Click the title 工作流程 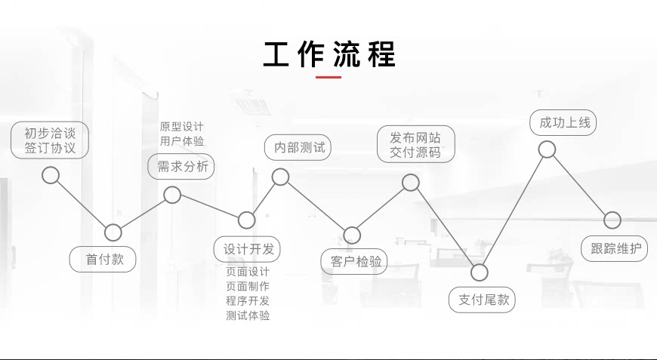tap(328, 55)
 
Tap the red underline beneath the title tap(328, 77)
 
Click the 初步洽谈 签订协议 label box tap(50, 140)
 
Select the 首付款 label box tap(103, 259)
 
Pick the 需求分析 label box tap(181, 167)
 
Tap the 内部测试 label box tap(299, 147)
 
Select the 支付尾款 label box tap(483, 300)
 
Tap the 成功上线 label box tap(564, 122)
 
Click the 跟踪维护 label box tap(614, 248)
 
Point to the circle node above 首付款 tap(113, 232)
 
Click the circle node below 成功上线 tap(547, 149)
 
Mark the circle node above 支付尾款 tap(480, 272)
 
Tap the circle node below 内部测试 tap(280, 177)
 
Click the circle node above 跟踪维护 tap(612, 220)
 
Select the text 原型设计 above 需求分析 tap(181, 126)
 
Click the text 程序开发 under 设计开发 tap(247, 300)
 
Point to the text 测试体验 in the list tap(247, 315)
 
